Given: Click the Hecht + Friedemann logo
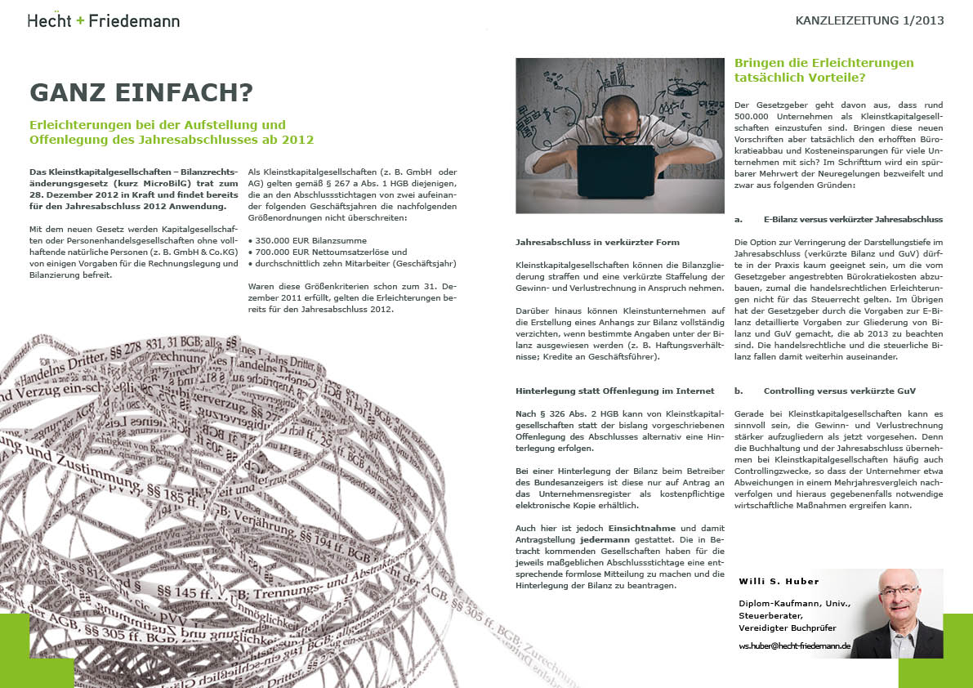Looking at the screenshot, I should tap(103, 20).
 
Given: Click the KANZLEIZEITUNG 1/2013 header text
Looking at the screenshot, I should tap(869, 20).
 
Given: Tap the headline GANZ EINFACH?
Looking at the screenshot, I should tap(141, 93).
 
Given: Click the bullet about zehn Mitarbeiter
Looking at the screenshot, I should tap(351, 264).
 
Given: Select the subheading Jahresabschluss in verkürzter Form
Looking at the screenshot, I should tap(597, 243).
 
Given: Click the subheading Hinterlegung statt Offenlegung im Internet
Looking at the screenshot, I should tap(615, 391).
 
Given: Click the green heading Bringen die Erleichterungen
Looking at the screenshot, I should tap(823, 63).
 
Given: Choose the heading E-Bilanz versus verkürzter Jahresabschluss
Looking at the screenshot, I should tap(852, 220).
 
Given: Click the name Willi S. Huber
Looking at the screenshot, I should tap(779, 582).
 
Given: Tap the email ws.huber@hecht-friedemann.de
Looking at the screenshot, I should tap(795, 646).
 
